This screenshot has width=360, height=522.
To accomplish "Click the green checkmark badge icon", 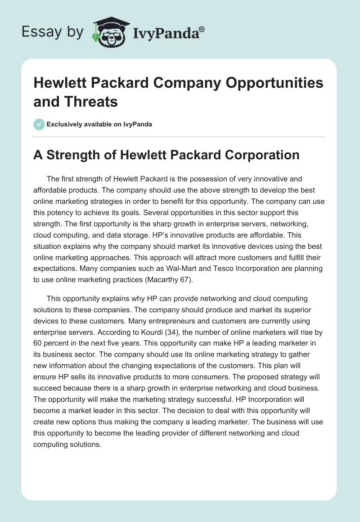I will click(39, 124).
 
